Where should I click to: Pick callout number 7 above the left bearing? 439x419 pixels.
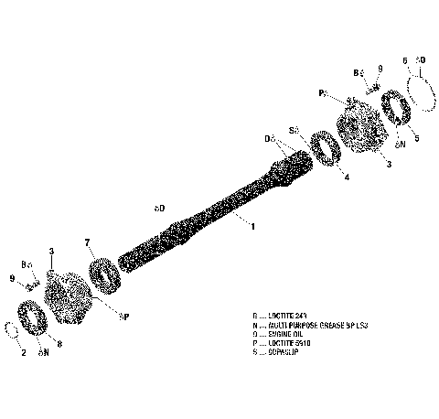87,242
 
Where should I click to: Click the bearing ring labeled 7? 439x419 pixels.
103,273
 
